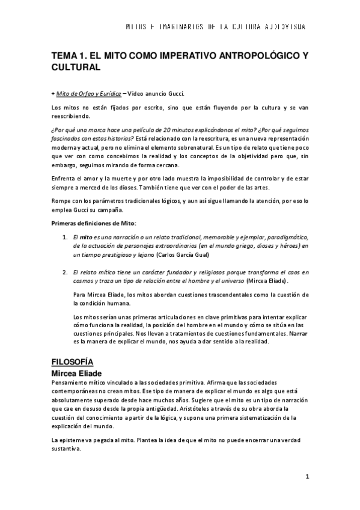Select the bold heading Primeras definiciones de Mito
(94, 223)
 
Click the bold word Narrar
(299, 333)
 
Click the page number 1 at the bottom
(307, 478)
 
